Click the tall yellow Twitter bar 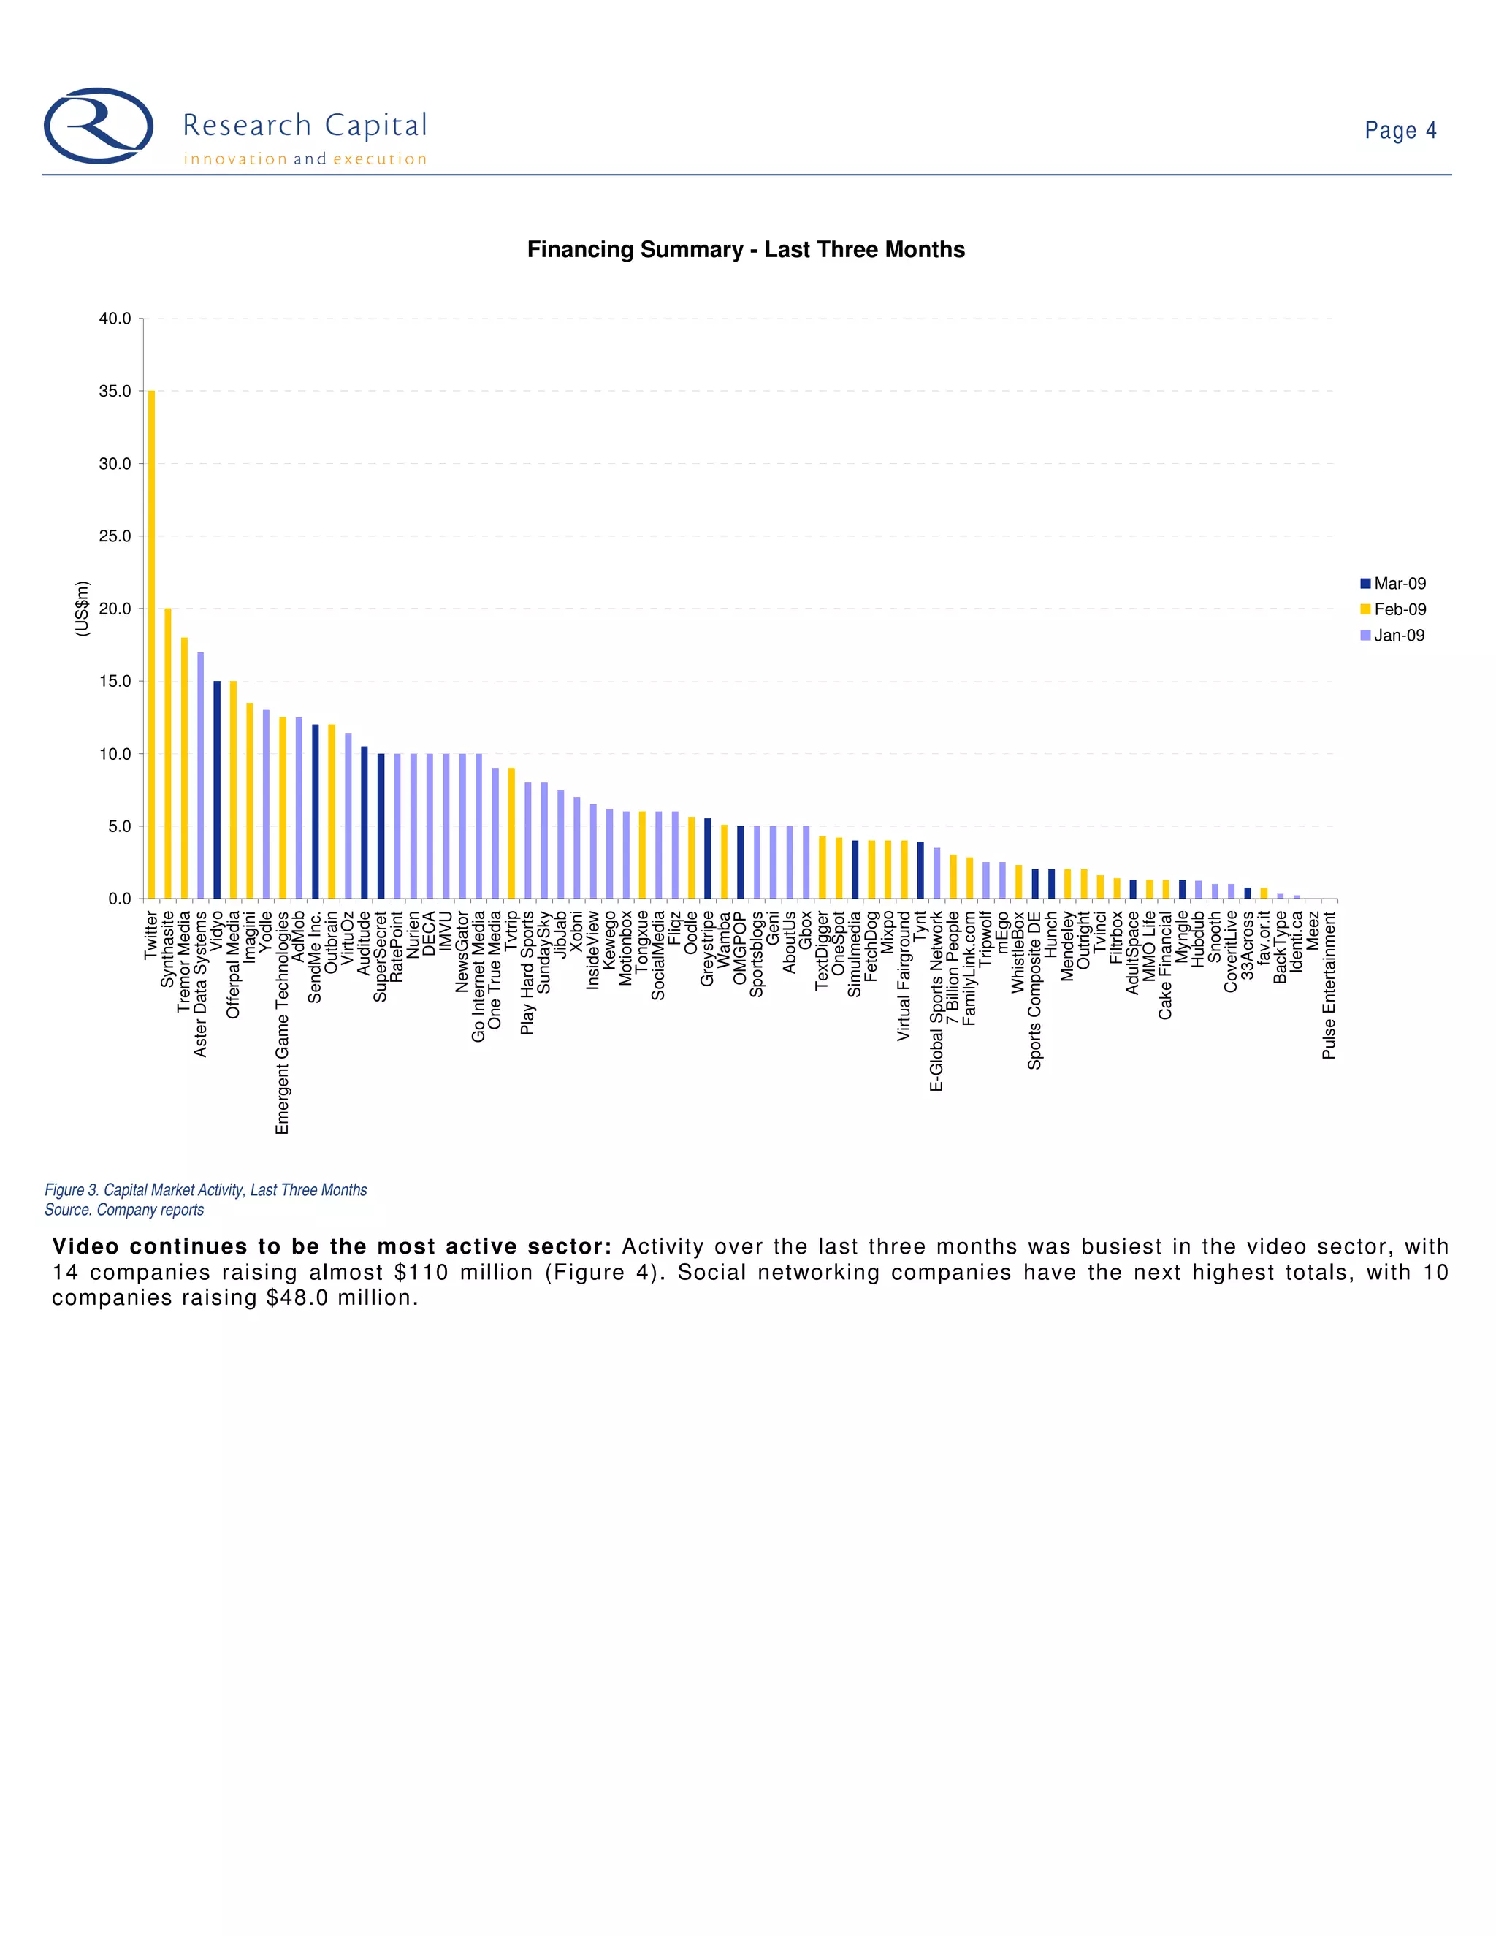[x=151, y=644]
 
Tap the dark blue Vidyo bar [x=217, y=789]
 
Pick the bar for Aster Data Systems [x=200, y=776]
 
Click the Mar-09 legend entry [x=1393, y=583]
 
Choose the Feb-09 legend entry [x=1393, y=609]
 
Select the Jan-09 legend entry [x=1393, y=636]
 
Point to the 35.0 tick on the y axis [x=115, y=391]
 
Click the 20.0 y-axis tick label [x=115, y=609]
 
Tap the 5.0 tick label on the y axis [x=119, y=826]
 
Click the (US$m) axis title [x=83, y=608]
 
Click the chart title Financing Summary [x=745, y=250]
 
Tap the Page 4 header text [x=1400, y=130]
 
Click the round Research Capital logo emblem [x=99, y=126]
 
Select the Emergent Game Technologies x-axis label [x=283, y=1022]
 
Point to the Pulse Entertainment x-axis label [x=1329, y=985]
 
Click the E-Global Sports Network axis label [x=936, y=1001]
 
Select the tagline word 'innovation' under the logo [x=236, y=159]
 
